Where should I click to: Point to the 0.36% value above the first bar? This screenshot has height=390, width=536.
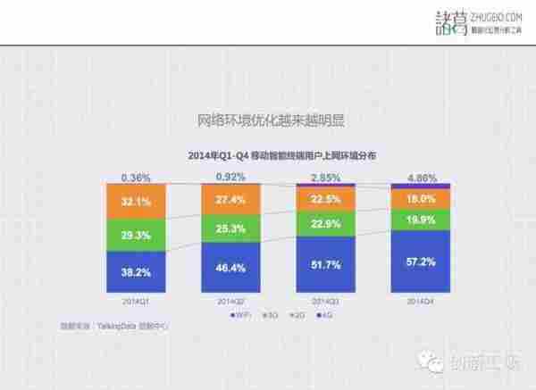136,177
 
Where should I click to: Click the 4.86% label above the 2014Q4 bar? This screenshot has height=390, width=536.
420,177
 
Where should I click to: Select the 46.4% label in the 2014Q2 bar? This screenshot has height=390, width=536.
230,268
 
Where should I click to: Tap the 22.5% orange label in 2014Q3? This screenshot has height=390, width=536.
326,200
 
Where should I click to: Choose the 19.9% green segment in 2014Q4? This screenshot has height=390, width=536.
421,220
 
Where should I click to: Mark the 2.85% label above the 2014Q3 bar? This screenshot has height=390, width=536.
325,177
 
